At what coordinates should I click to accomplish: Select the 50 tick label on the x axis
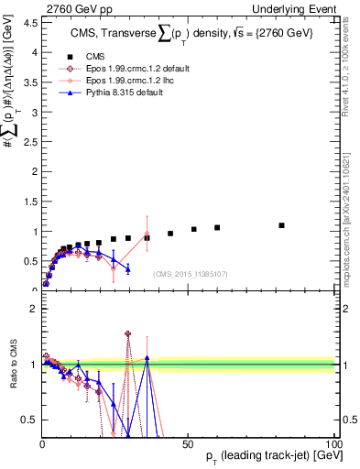point(189,443)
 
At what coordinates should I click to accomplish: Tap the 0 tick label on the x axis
point(42,443)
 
